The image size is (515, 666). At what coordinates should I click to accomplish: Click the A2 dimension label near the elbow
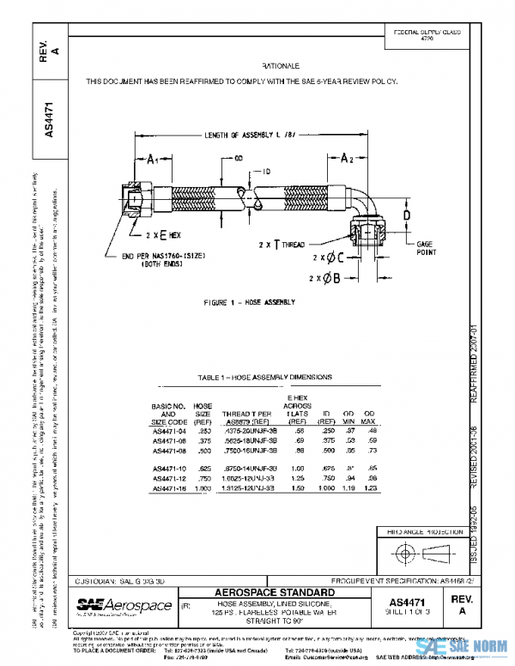coord(347,159)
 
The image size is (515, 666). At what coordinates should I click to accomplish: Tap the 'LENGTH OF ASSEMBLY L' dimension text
coord(249,136)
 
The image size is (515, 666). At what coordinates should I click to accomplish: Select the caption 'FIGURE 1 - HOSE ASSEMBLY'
coord(249,303)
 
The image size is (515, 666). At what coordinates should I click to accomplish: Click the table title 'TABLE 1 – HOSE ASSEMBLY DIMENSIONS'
coord(265,378)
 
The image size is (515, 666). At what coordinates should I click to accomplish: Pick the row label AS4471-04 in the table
coord(168,431)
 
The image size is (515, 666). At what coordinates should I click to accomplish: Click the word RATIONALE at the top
coord(281,65)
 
